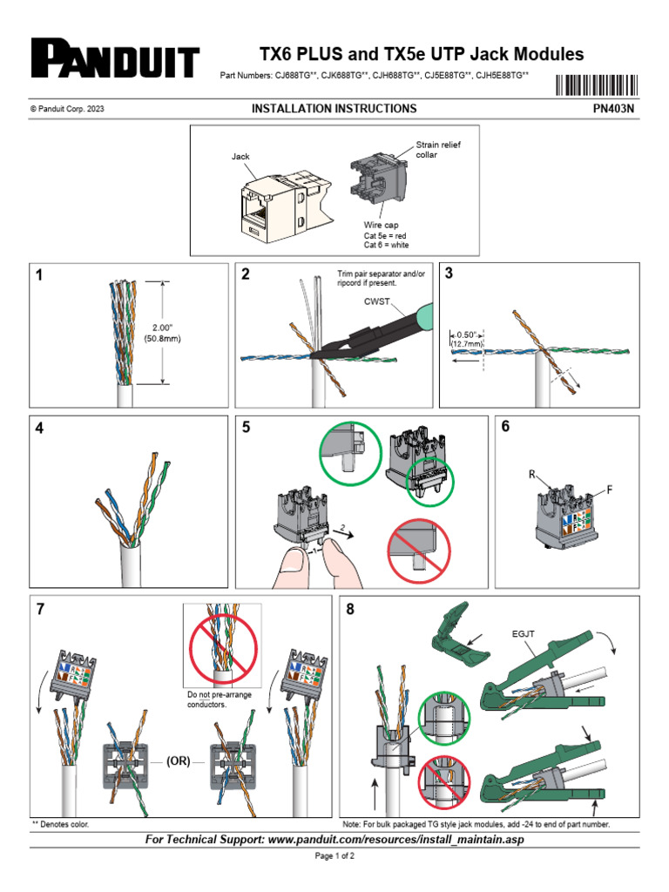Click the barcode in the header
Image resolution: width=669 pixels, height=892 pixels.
pyautogui.click(x=596, y=85)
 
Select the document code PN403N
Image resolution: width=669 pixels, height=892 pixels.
pyautogui.click(x=614, y=109)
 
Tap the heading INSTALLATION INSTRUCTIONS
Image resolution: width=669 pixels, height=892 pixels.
pyautogui.click(x=334, y=109)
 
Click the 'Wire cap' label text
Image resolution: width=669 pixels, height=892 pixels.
pyautogui.click(x=382, y=224)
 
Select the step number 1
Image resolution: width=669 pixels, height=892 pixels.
pyautogui.click(x=39, y=275)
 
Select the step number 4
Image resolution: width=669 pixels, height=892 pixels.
pyautogui.click(x=40, y=429)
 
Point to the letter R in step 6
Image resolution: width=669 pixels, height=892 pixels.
pyautogui.click(x=531, y=475)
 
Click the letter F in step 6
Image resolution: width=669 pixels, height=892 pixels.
pyautogui.click(x=610, y=490)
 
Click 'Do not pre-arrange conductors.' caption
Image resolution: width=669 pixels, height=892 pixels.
pyautogui.click(x=220, y=699)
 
